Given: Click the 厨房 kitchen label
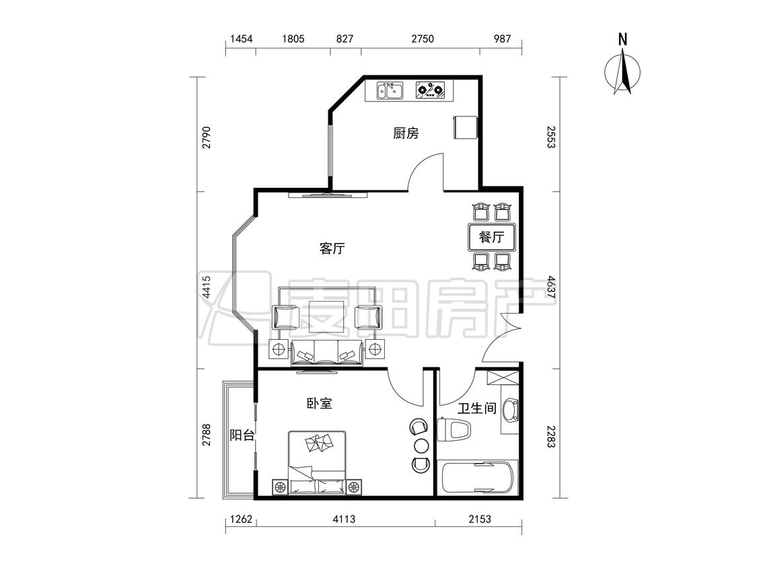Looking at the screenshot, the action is click(x=406, y=133).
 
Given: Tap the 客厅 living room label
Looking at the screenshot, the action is click(x=332, y=249).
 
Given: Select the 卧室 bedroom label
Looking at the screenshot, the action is click(x=320, y=403).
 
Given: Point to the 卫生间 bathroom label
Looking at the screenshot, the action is click(x=477, y=409).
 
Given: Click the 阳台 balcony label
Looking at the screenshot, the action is click(x=242, y=435).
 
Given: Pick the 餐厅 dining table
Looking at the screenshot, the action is click(x=491, y=237).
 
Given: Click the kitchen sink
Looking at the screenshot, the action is click(x=390, y=90).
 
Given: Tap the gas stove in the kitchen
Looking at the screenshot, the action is click(x=431, y=90).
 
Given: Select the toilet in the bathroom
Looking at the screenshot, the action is click(x=454, y=429).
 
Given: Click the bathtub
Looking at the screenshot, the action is click(x=478, y=478).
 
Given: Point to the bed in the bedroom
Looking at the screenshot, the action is click(x=317, y=462).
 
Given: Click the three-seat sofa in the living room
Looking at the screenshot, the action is click(x=327, y=353).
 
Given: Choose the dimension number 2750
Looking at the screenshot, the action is click(x=423, y=38).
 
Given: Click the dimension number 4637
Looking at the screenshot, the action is click(x=551, y=287).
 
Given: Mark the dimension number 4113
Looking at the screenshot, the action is click(x=344, y=519).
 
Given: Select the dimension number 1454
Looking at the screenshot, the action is click(x=241, y=38).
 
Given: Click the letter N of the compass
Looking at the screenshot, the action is click(x=623, y=39).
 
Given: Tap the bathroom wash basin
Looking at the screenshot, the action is click(x=510, y=411).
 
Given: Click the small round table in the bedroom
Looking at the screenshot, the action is click(x=420, y=445).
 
